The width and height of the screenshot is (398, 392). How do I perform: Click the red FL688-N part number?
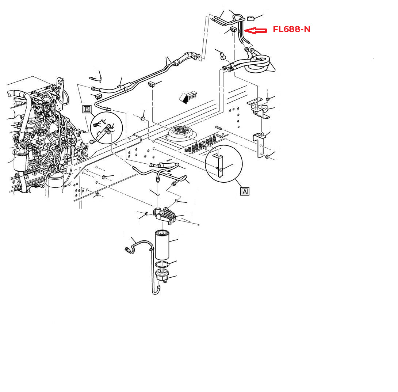291,30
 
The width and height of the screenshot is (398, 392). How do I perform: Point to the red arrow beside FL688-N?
255,31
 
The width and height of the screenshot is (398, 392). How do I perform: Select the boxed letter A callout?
245,191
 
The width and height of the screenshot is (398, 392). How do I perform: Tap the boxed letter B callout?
87,109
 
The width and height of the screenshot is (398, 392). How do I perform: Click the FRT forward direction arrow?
188,97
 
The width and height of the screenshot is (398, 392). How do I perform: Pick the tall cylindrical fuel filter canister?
162,244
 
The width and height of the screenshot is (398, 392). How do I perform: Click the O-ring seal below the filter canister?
162,264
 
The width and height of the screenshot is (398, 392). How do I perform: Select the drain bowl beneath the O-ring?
162,276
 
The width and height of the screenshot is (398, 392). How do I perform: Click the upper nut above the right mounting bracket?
268,99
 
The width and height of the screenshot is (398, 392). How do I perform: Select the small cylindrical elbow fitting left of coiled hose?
222,56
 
